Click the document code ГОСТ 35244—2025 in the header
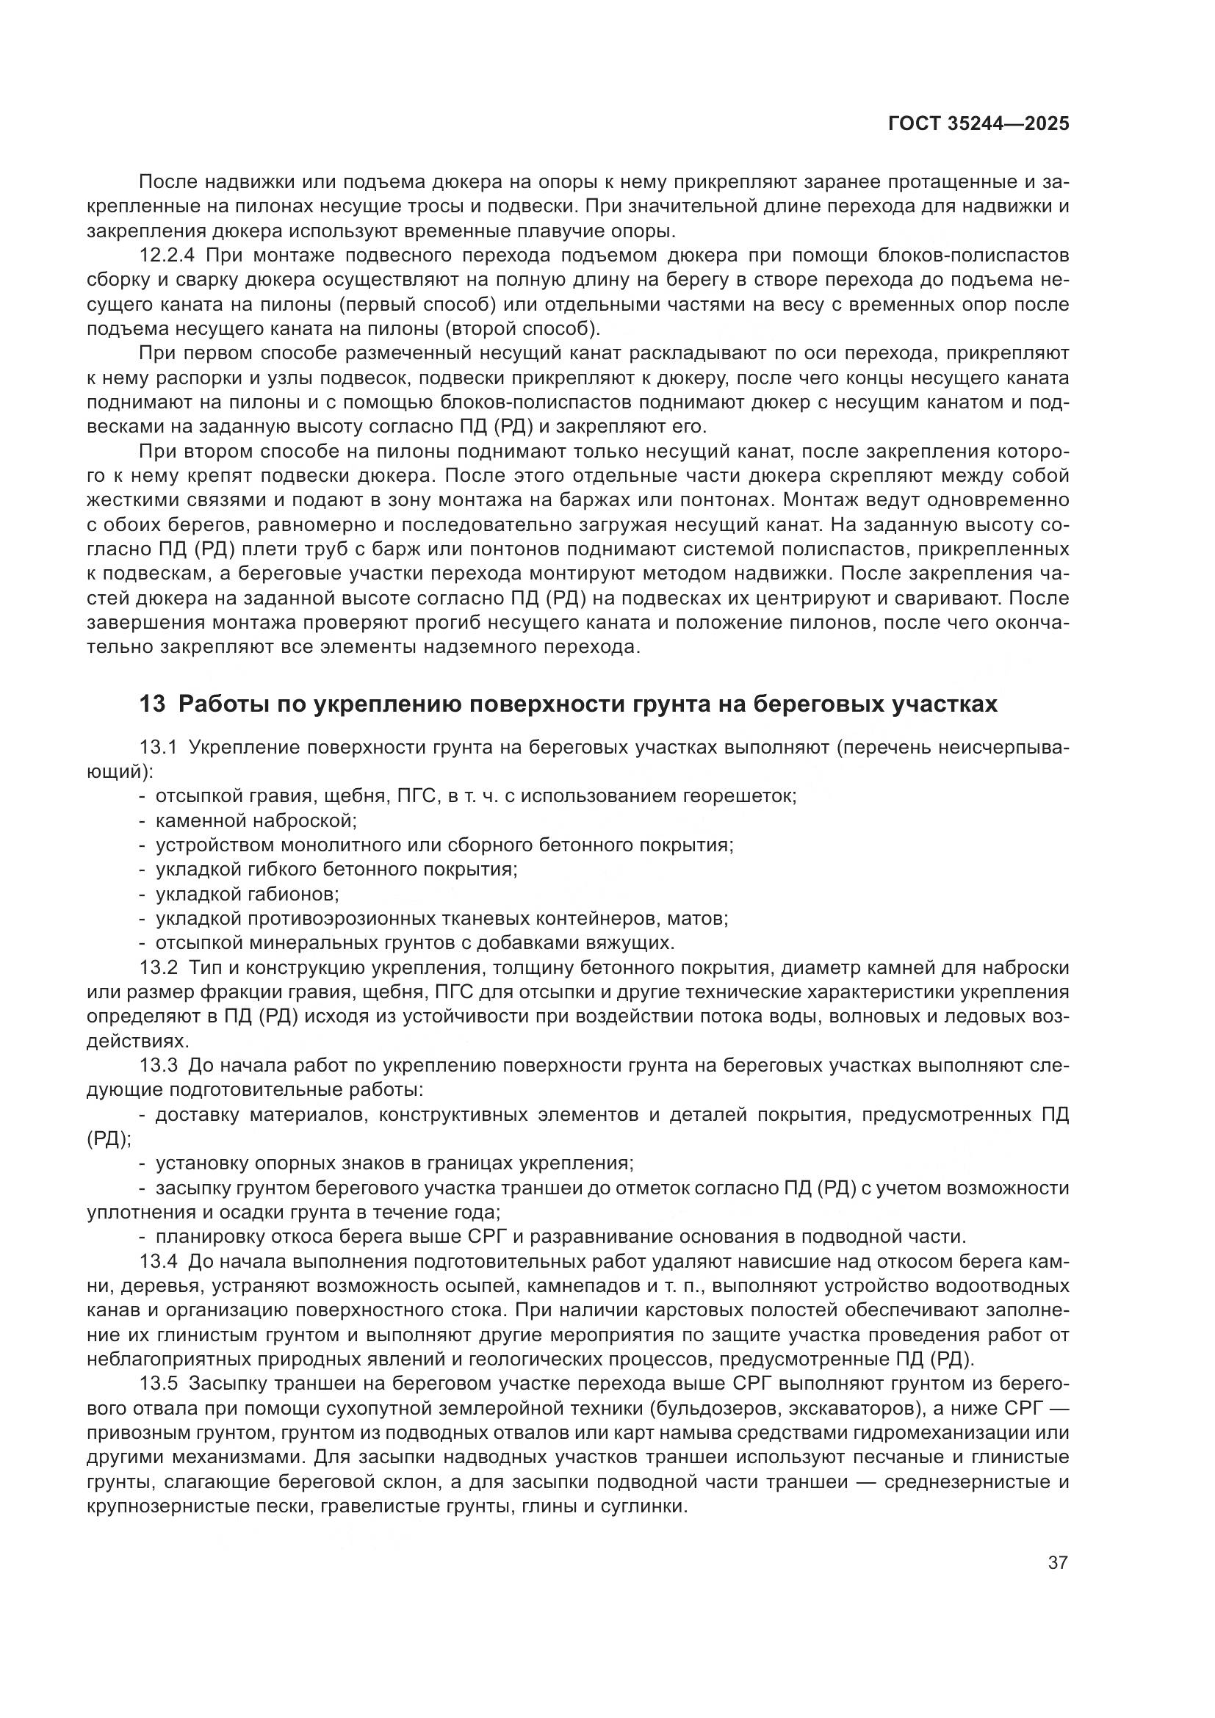pyautogui.click(x=978, y=123)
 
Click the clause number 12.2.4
pyautogui.click(x=167, y=256)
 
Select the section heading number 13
pyautogui.click(x=152, y=704)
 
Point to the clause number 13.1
pyautogui.click(x=158, y=748)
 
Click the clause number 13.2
pyautogui.click(x=158, y=967)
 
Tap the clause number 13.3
pyautogui.click(x=158, y=1066)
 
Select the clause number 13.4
pyautogui.click(x=158, y=1262)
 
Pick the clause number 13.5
pyautogui.click(x=158, y=1385)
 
